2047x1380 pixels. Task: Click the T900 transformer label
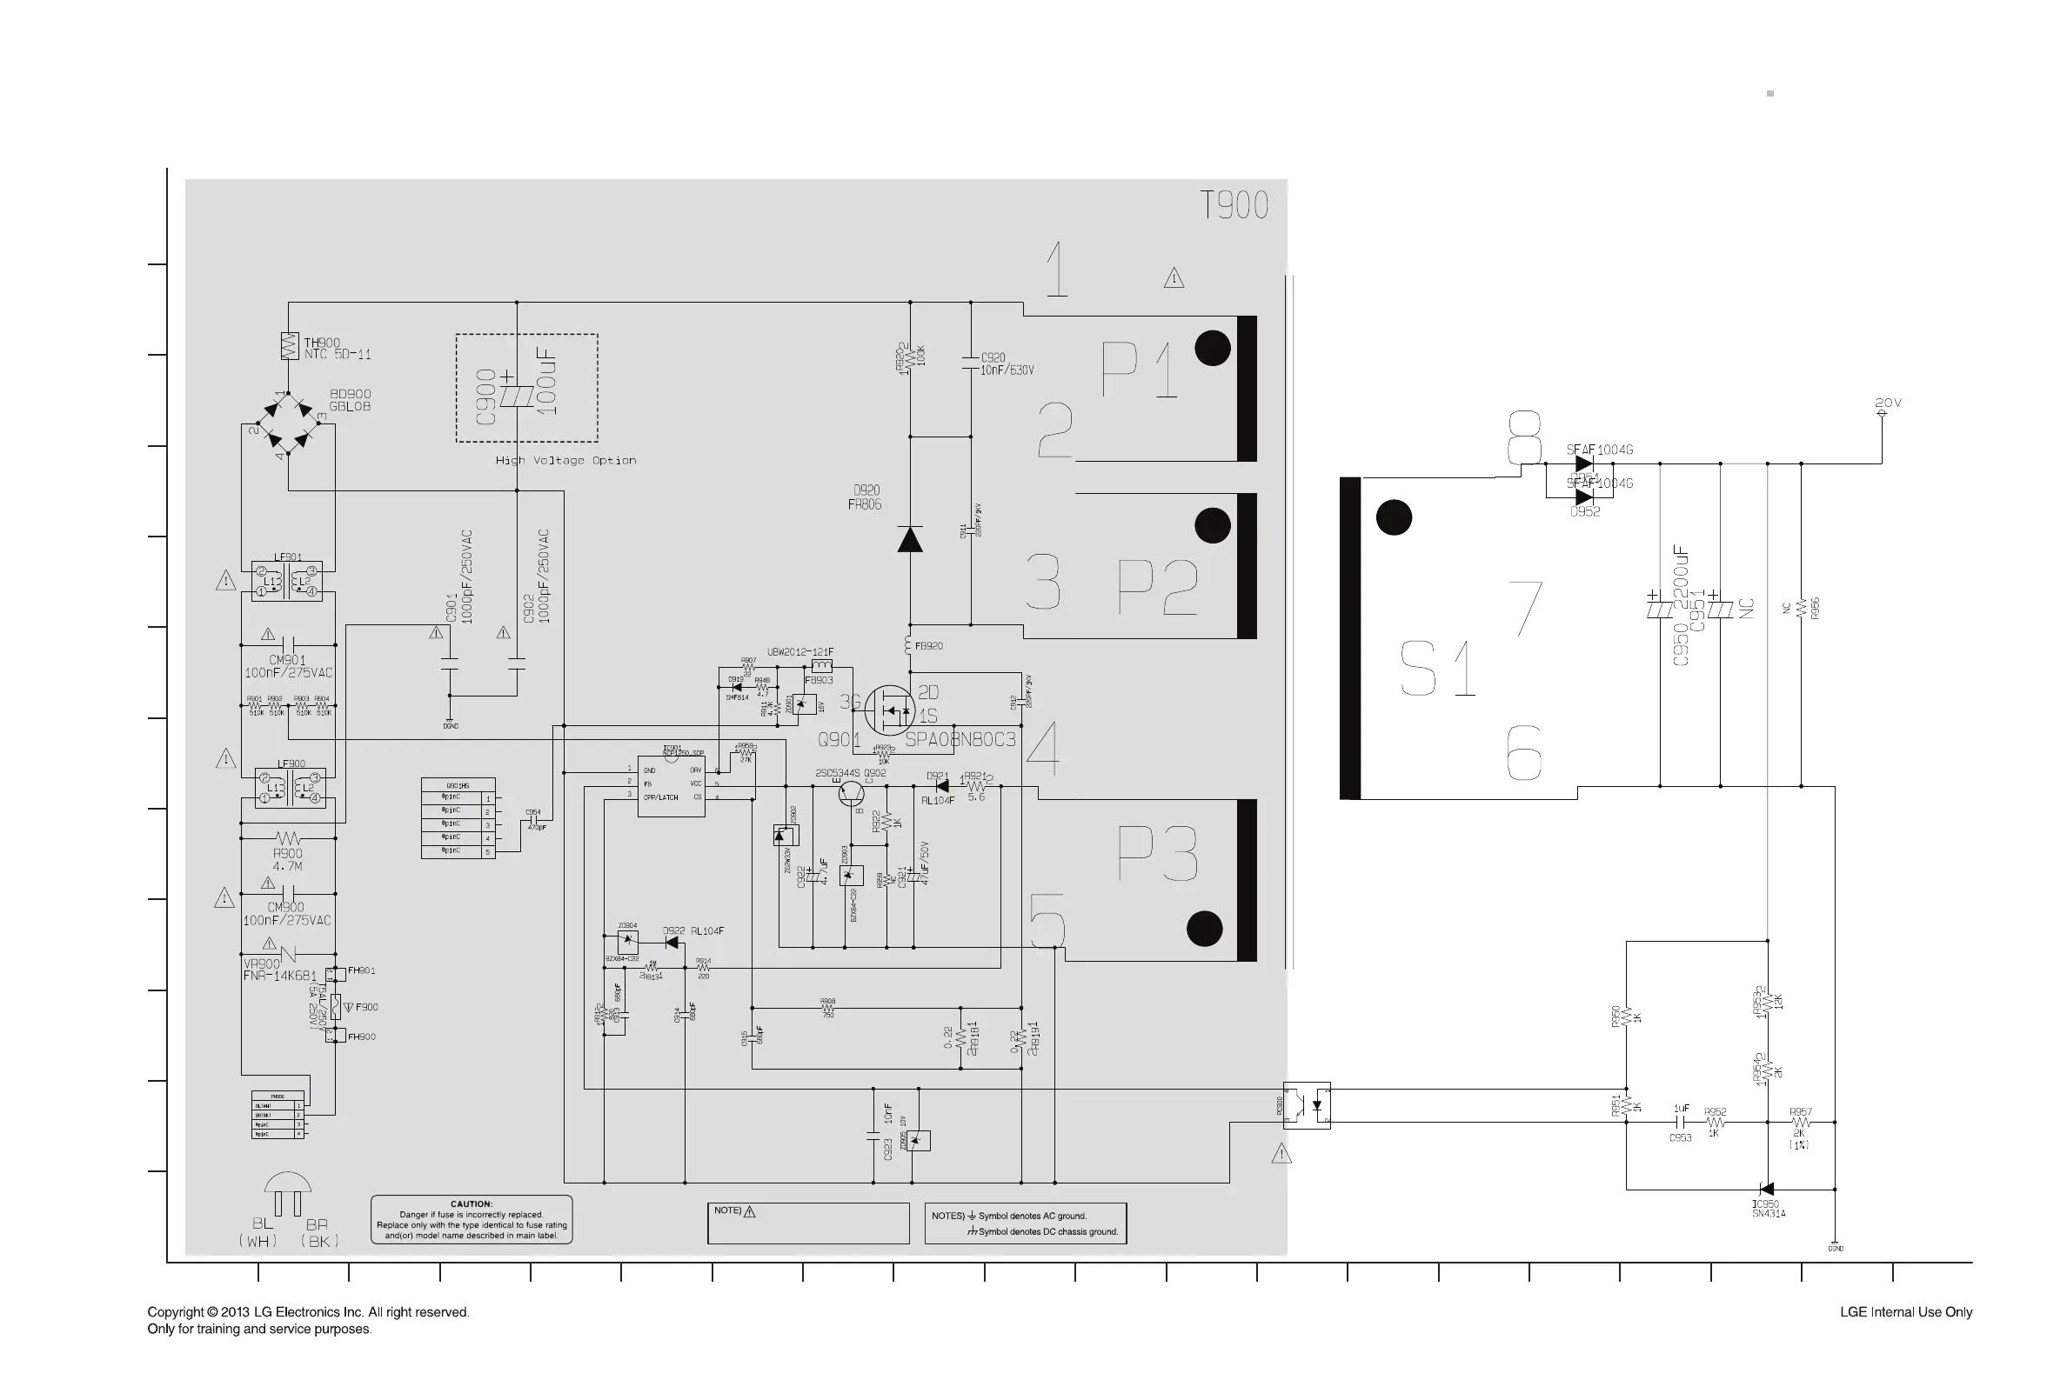(x=1234, y=205)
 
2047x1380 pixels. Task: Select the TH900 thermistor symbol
(x=289, y=346)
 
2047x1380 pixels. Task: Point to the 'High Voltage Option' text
(x=565, y=460)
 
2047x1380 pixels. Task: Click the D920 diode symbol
(x=909, y=538)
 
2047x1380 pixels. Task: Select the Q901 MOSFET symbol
(x=889, y=710)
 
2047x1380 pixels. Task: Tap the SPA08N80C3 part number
(x=960, y=739)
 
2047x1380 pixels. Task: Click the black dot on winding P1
(x=1213, y=349)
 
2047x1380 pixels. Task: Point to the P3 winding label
(x=1157, y=854)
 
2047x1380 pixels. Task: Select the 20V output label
(x=1888, y=403)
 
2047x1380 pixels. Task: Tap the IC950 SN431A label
(x=1768, y=1209)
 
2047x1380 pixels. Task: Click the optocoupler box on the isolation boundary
(x=1307, y=1105)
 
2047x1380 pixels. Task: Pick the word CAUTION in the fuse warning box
(x=471, y=1204)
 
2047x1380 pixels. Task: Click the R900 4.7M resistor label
(x=288, y=860)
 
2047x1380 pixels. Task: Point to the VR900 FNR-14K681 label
(x=279, y=970)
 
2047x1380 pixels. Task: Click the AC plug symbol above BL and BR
(x=288, y=1192)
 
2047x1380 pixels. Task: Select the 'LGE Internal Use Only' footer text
(x=1905, y=1312)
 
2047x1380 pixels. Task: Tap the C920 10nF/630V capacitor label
(x=1007, y=363)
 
